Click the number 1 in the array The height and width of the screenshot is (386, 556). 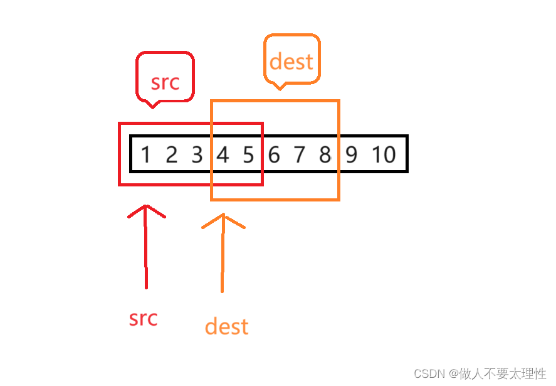tap(145, 154)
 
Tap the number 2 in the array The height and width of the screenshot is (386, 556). tap(171, 154)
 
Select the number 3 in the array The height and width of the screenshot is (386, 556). tap(197, 154)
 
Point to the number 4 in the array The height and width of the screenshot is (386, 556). tap(223, 154)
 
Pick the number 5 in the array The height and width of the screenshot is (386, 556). tap(248, 154)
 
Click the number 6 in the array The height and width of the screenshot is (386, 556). tap(274, 154)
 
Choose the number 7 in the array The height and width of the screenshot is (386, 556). tap(300, 154)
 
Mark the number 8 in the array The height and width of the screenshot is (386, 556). tap(325, 154)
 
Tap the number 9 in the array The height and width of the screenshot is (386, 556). tap(351, 154)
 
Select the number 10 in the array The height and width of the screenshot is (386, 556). tap(384, 154)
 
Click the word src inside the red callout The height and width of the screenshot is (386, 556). tap(165, 82)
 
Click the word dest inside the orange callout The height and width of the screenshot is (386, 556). tap(291, 62)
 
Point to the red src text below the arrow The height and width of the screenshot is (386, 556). tap(143, 318)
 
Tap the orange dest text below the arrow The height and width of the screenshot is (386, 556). tap(226, 326)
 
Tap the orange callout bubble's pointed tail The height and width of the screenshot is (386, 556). tap(280, 87)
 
